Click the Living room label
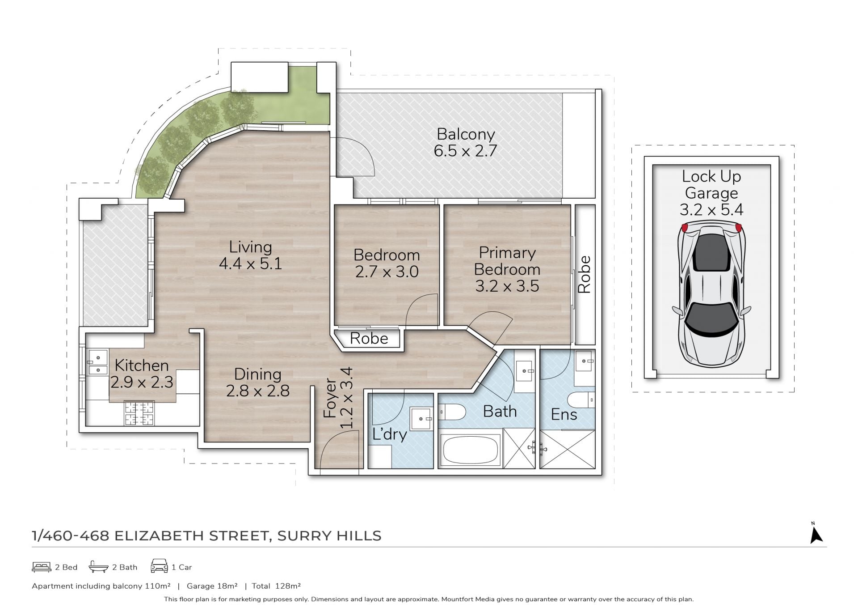250,247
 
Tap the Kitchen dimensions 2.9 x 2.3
142,382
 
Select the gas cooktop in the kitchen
139,413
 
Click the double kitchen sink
98,362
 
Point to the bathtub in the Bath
470,450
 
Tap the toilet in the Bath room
452,412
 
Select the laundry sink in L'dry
421,419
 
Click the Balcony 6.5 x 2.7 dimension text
465,151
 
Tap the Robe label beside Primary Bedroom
585,274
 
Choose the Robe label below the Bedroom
369,338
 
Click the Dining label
258,374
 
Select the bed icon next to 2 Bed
42,567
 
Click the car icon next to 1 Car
160,566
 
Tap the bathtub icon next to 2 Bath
98,567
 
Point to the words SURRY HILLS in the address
329,536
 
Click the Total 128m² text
276,586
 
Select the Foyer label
330,398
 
